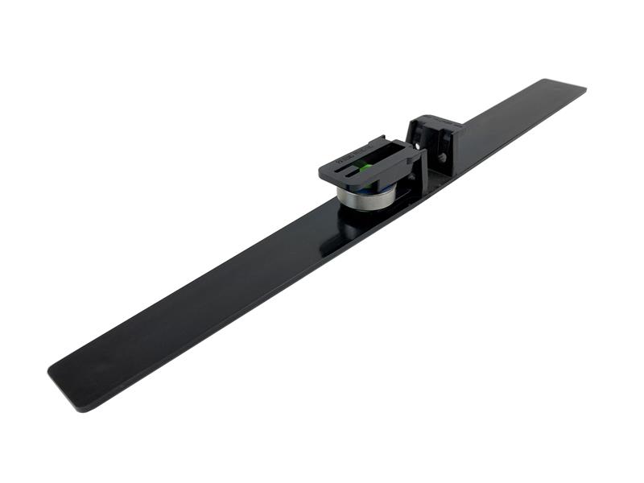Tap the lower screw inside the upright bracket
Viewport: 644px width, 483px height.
coord(440,158)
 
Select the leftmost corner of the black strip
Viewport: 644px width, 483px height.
coord(50,372)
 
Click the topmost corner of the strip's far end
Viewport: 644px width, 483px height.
coord(546,79)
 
